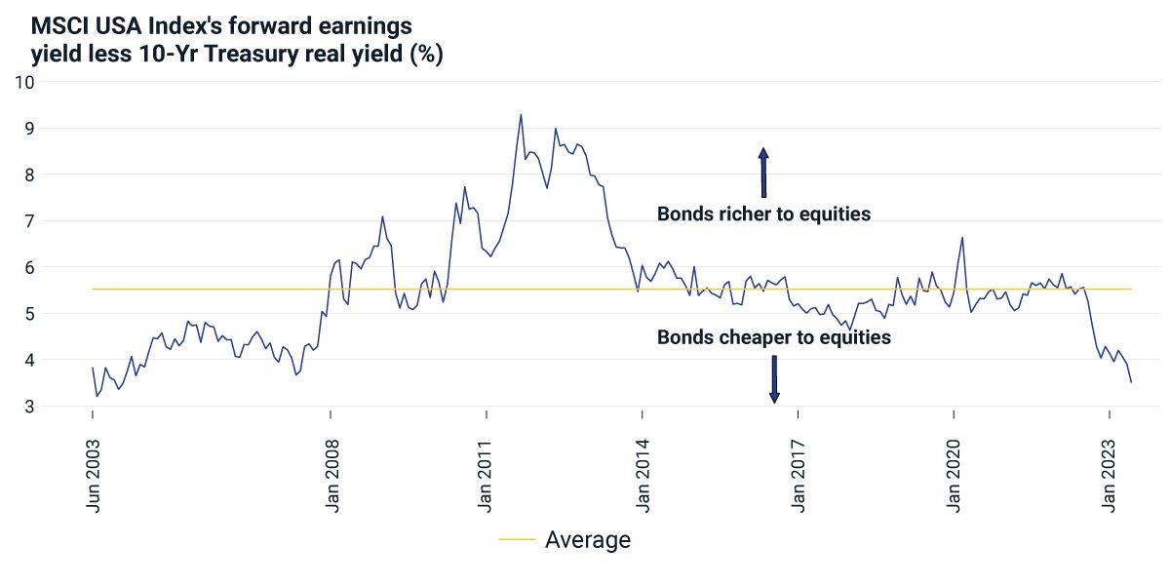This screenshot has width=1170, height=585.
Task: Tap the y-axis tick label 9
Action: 28,128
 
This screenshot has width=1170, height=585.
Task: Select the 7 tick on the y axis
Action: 28,221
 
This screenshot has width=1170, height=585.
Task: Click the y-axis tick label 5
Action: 28,314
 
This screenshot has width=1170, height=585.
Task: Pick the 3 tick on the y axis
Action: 28,407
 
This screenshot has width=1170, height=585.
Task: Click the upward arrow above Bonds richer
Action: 763,173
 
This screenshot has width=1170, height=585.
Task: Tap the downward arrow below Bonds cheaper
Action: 774,378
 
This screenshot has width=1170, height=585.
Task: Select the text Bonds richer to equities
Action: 763,214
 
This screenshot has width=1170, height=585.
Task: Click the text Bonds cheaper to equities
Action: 774,337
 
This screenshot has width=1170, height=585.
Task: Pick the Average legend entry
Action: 565,539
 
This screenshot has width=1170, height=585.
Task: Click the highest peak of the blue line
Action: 521,114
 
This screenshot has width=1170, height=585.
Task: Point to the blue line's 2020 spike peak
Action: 962,237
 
